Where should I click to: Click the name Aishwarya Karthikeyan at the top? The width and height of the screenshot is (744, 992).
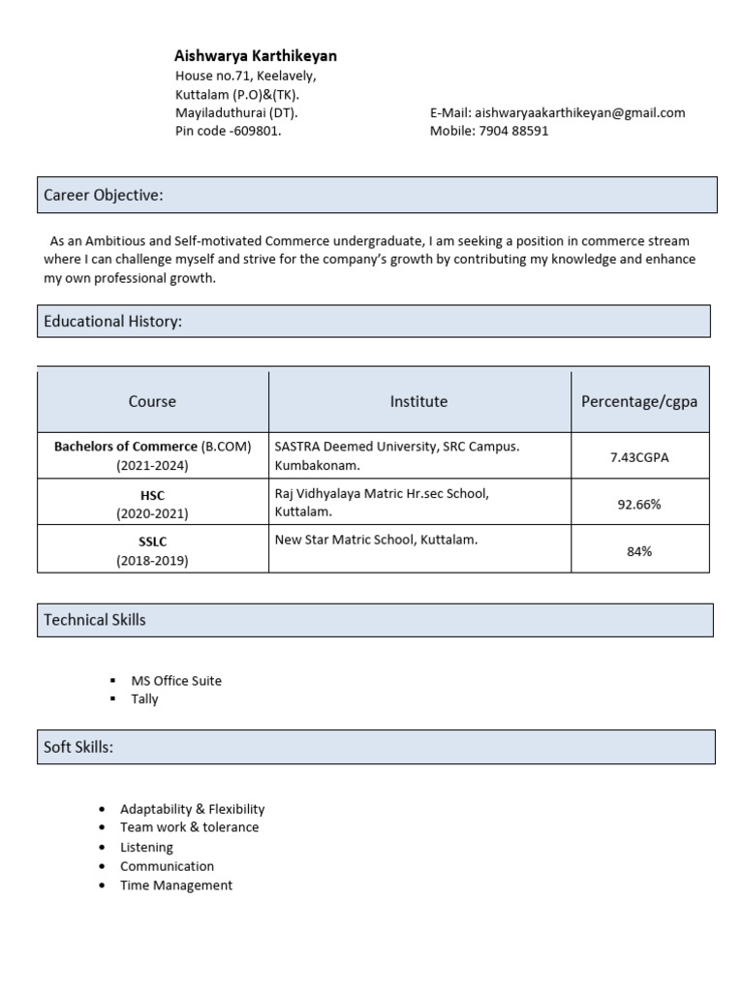pos(256,56)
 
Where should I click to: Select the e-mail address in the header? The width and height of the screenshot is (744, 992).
pos(579,112)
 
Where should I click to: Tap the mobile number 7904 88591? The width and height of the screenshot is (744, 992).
pos(513,131)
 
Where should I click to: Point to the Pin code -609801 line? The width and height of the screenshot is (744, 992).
pos(229,131)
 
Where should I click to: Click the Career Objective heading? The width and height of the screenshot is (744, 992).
pos(104,196)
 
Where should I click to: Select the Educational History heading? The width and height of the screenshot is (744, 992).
pos(113,322)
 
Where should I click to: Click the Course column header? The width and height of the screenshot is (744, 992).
pos(152,401)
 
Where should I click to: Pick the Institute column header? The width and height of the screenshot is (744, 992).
pos(418,401)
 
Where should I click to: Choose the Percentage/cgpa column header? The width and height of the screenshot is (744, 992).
pos(639,401)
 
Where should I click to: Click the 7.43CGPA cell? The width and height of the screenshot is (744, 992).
pos(639,456)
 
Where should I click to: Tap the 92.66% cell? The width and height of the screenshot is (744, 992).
pos(639,504)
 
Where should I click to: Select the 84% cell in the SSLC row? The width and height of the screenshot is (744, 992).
pos(639,551)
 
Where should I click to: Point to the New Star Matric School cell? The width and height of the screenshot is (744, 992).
pos(376,540)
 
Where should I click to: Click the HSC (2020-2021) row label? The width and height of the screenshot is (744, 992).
pos(152,504)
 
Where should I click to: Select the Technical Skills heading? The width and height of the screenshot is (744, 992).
pos(95,620)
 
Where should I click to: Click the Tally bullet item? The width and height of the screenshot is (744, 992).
pos(144,699)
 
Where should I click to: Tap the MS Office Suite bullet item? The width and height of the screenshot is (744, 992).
pos(175,681)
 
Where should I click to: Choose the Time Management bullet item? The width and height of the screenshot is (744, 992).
pos(176,885)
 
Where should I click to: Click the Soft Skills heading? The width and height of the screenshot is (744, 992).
pos(78,748)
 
